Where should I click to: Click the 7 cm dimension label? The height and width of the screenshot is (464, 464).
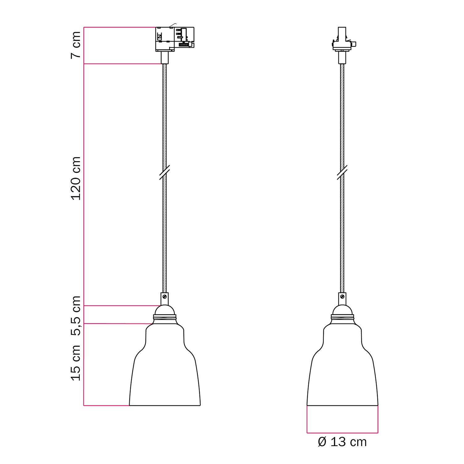[76, 45]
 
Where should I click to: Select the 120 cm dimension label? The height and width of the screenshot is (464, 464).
[76, 178]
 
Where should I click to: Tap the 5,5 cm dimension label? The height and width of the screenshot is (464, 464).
[76, 316]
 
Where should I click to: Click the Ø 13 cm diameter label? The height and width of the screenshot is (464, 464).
[342, 442]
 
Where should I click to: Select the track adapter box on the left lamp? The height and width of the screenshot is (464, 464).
[174, 39]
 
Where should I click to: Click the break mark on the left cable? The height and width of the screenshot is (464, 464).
[165, 172]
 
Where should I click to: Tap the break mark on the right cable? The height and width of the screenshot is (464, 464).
[342, 172]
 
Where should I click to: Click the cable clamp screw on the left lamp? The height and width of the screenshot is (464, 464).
[165, 296]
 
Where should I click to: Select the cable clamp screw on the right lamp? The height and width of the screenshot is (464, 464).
[342, 296]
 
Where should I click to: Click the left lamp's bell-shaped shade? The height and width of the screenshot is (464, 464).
[165, 371]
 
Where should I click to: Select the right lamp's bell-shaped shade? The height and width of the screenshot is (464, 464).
[342, 371]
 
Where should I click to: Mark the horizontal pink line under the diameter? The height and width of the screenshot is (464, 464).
[342, 432]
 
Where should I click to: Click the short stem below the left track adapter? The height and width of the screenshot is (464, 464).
[165, 58]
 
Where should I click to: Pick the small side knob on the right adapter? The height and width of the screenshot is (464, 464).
[354, 44]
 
